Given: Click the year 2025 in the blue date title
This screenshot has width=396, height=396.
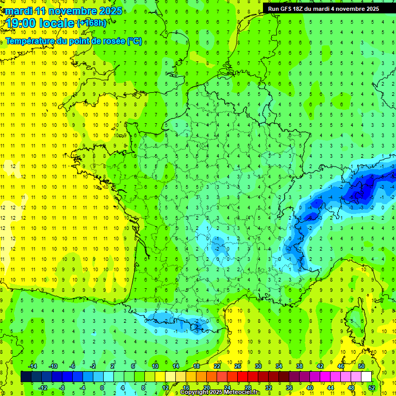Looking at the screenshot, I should click(x=110, y=11).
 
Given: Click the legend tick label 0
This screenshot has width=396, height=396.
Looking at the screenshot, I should click(x=103, y=388).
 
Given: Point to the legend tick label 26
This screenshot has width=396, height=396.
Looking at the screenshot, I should click(x=237, y=366).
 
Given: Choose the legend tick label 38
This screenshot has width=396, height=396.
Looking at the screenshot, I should click(x=299, y=366).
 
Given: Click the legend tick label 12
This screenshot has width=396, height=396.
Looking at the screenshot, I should click(x=165, y=388).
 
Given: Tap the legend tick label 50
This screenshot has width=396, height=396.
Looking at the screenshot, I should click(x=361, y=366).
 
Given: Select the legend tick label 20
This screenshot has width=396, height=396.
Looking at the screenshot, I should click(x=206, y=388).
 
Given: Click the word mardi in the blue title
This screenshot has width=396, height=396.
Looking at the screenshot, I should click(x=20, y=11).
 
